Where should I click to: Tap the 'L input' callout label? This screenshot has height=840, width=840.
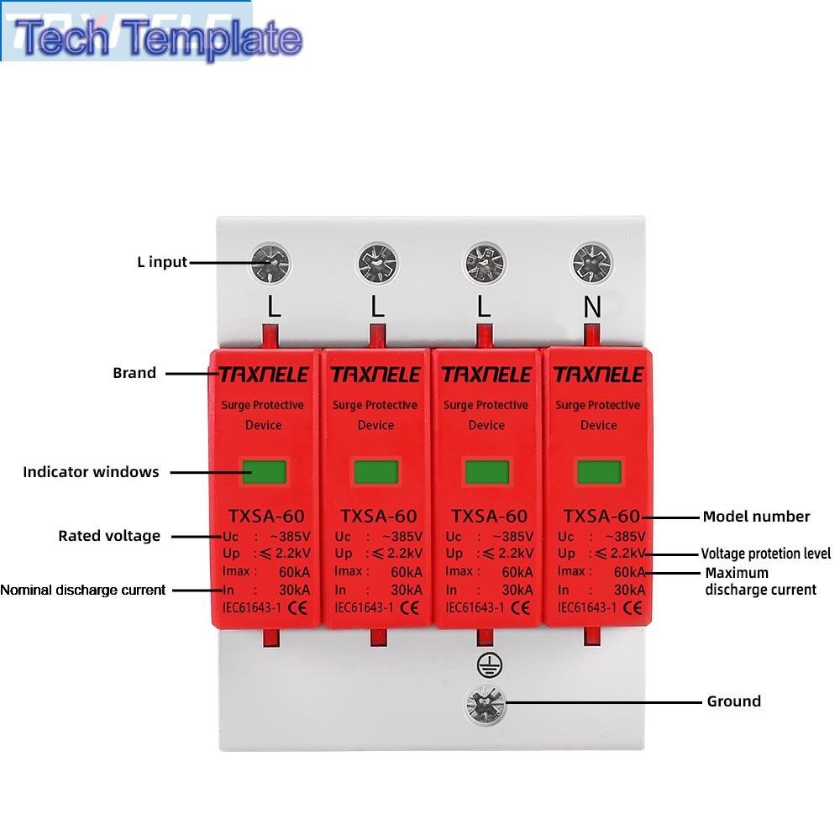point(162,262)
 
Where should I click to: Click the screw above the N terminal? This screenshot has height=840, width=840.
point(592,263)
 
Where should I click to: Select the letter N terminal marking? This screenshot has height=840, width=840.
point(592,307)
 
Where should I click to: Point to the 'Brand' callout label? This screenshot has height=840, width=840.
point(134,373)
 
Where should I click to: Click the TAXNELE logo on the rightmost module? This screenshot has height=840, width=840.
point(598,375)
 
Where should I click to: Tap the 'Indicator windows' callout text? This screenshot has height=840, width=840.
point(91,472)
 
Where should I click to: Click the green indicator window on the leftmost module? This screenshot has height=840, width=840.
point(264,472)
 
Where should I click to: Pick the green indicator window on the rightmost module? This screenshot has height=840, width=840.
point(600,472)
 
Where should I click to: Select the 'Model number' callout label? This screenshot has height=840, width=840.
point(757,517)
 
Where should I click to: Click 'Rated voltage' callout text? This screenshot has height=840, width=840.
point(109,536)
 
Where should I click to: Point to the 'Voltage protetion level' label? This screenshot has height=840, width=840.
point(766,554)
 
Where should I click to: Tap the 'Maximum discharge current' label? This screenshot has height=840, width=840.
point(761,581)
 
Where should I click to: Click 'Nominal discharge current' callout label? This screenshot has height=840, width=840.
point(83,590)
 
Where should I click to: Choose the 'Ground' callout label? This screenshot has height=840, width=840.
point(734,701)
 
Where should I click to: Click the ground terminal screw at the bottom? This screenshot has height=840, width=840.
point(485,705)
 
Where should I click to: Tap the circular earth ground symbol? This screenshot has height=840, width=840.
point(489,665)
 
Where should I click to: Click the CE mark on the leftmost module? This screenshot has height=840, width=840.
point(297,607)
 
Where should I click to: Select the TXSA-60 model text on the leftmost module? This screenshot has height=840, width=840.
point(266,516)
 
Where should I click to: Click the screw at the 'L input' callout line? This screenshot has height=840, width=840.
point(270,263)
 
